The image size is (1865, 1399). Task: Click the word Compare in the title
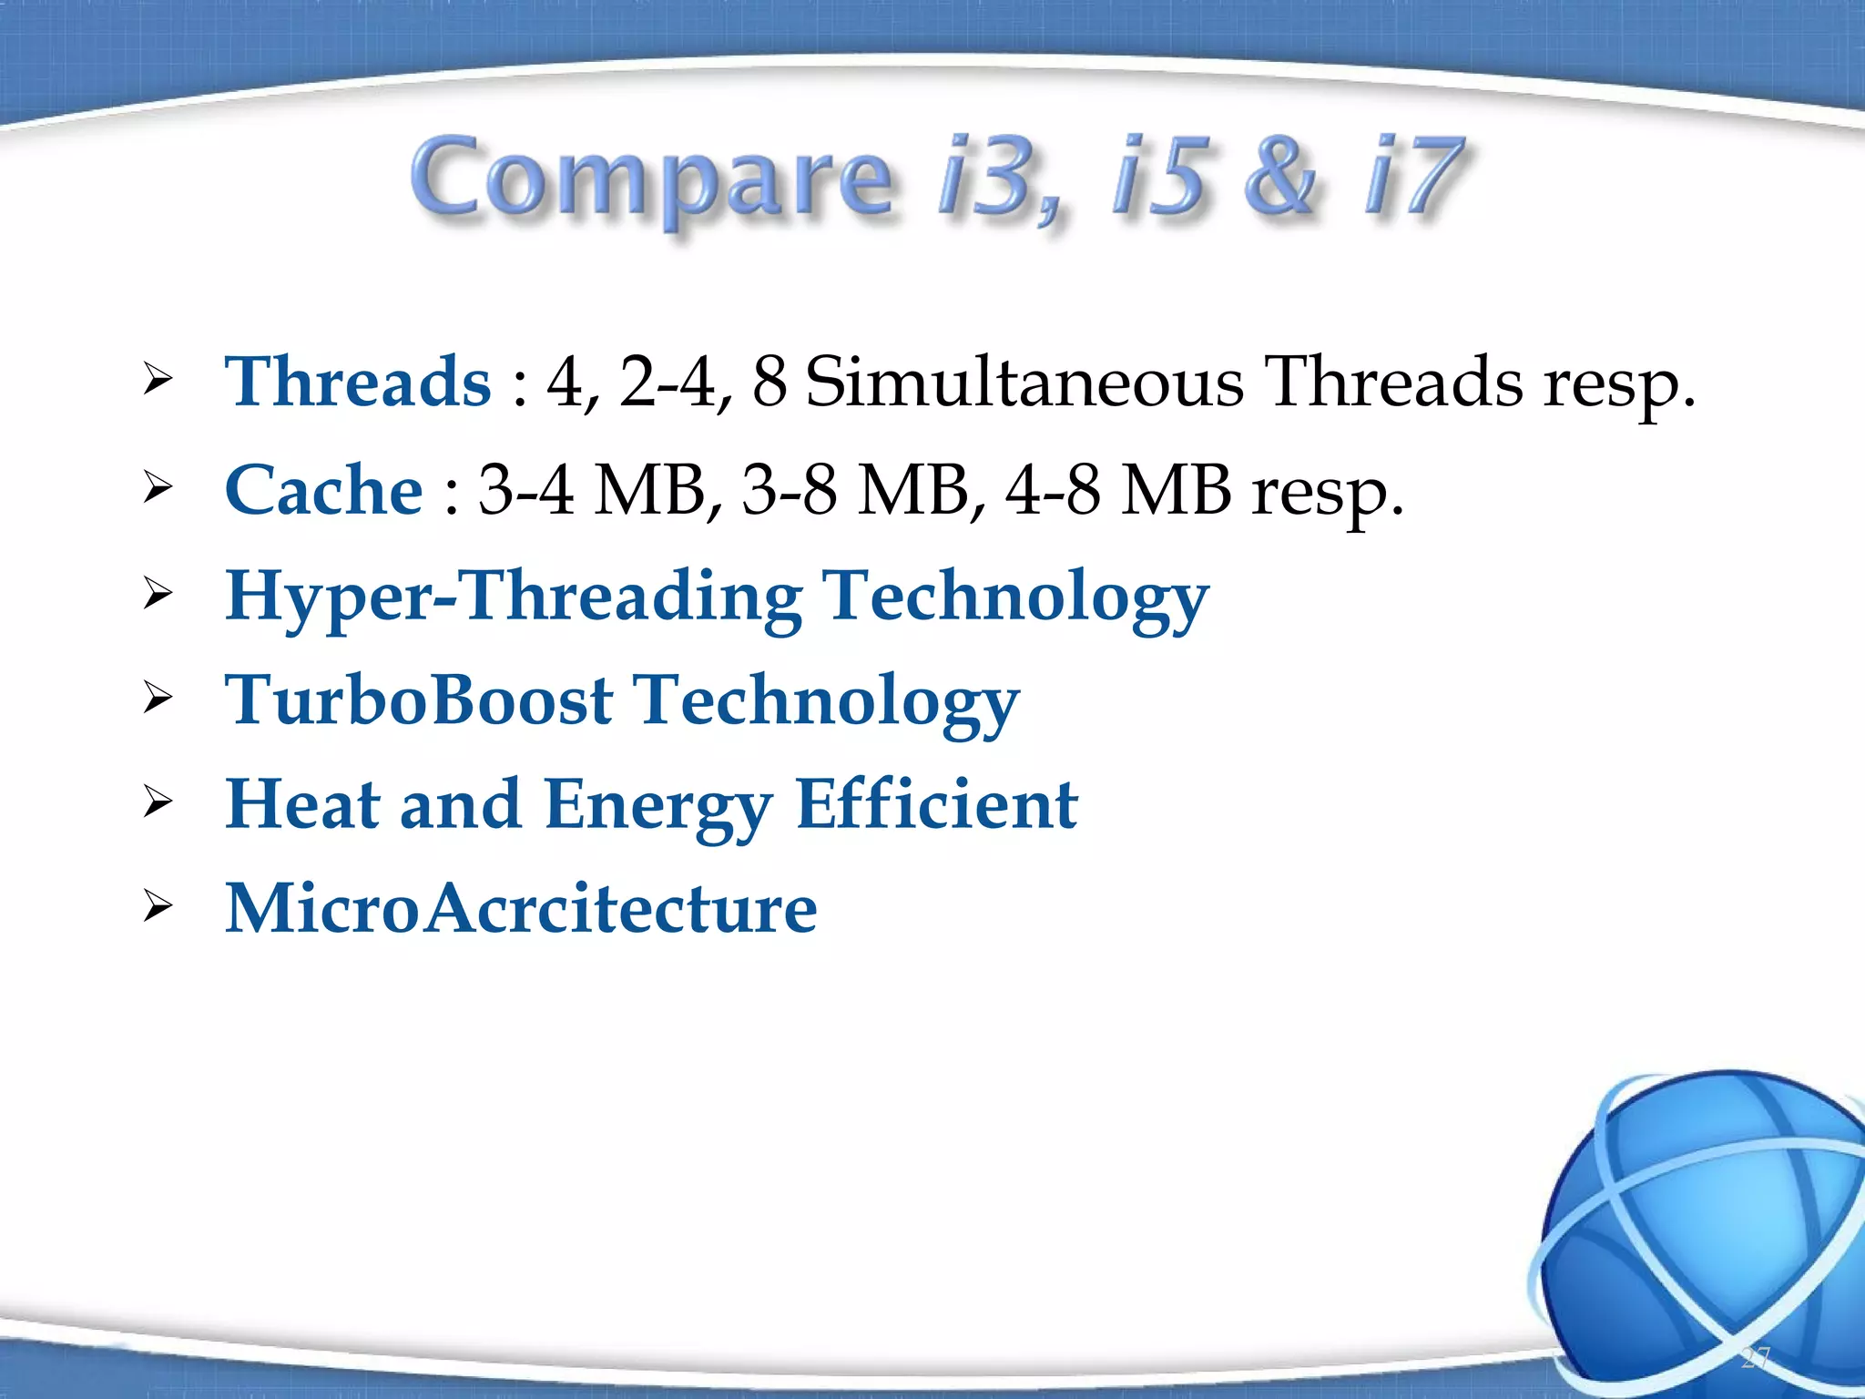651,179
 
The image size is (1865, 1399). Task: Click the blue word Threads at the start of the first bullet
358,383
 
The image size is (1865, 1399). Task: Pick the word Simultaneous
1024,383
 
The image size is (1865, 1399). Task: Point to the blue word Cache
323,490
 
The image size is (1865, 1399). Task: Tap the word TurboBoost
419,701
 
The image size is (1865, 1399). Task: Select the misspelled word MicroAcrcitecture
521,909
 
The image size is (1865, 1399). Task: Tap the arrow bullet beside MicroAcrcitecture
158,907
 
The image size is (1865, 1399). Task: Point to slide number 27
1754,1358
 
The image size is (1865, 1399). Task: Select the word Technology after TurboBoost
825,701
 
